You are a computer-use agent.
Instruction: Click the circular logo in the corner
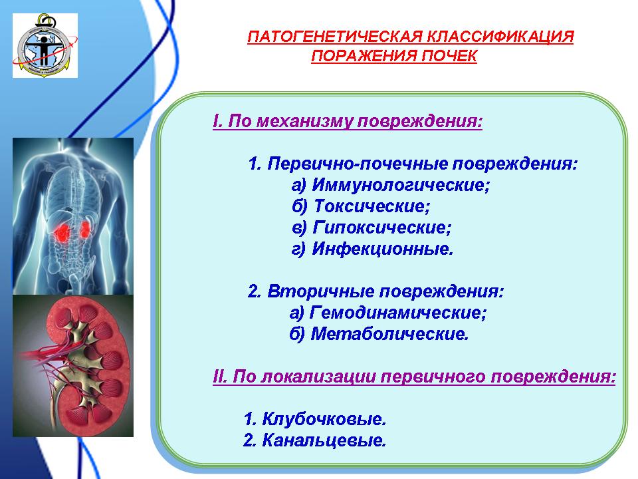45,45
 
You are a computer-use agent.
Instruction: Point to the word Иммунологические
401,186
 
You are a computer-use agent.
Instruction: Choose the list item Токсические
372,206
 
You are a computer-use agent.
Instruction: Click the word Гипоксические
382,228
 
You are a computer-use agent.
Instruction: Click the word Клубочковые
324,418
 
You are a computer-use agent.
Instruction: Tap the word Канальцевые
324,440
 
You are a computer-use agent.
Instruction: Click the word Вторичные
320,291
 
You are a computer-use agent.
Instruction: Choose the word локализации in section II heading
318,377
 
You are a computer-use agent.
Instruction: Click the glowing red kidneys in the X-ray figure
72,231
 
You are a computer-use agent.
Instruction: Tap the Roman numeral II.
220,377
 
